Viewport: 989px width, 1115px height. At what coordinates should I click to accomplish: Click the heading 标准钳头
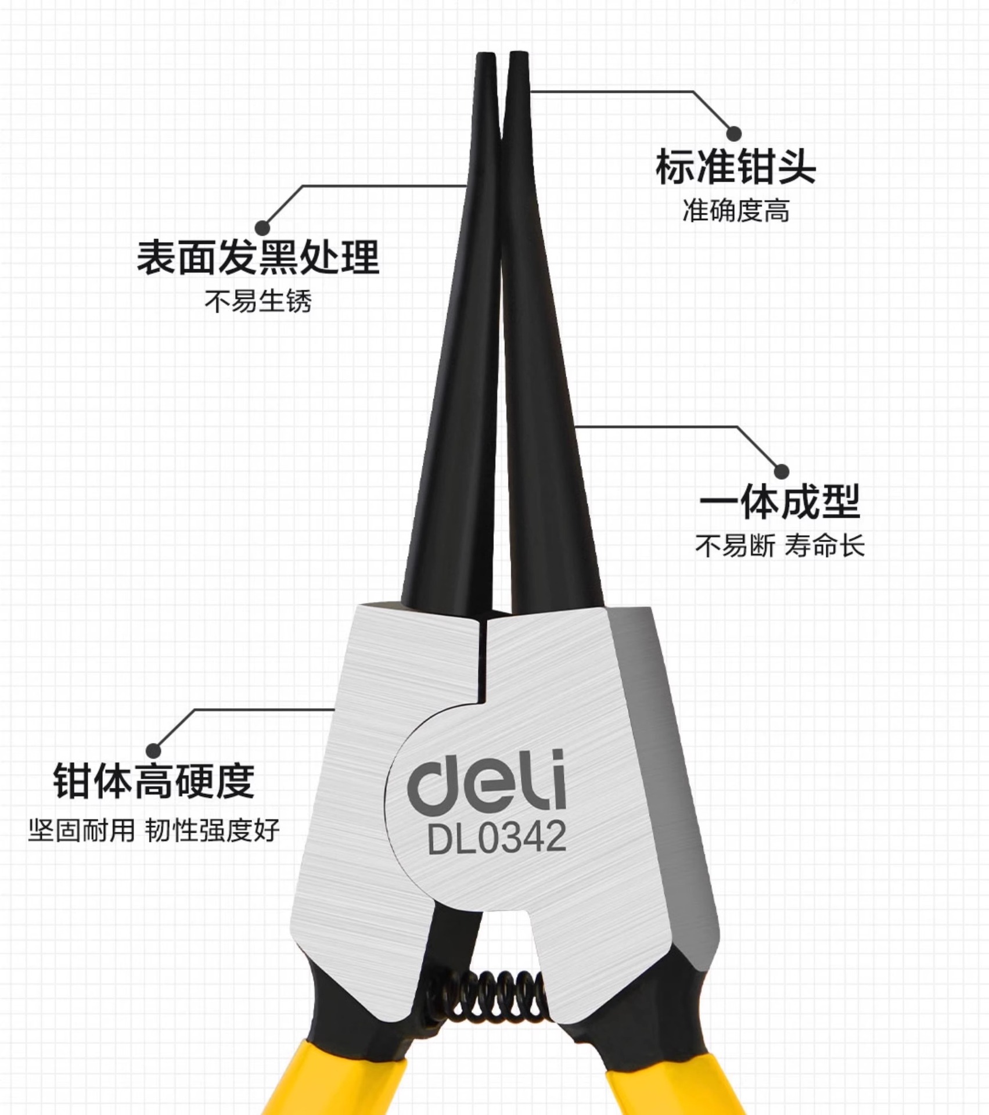[x=735, y=167]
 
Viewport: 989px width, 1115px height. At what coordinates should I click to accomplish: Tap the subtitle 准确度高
[x=736, y=211]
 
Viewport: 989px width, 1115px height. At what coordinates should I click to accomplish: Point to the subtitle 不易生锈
[x=258, y=301]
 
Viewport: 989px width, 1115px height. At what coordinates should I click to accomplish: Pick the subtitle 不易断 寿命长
[x=779, y=546]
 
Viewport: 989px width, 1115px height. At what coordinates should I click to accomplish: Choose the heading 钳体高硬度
[x=154, y=781]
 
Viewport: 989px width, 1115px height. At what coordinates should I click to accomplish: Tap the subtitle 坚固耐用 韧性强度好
[x=154, y=830]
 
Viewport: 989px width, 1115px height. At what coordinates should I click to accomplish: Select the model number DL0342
[x=497, y=837]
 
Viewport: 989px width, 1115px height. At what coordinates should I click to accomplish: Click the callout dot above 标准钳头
[x=735, y=133]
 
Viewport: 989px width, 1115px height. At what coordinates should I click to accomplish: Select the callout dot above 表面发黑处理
[x=262, y=227]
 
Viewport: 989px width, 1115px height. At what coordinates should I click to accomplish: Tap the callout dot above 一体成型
[x=782, y=471]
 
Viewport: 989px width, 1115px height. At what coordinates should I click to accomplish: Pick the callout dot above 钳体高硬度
[x=153, y=750]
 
